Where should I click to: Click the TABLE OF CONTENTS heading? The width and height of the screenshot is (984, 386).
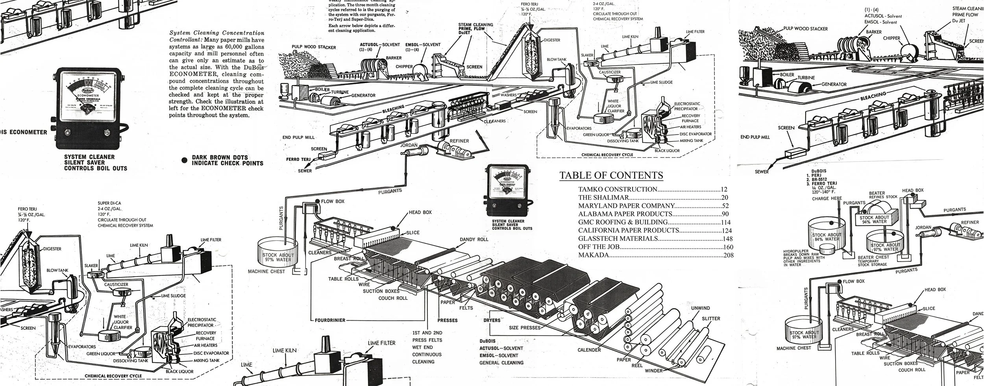point(611,175)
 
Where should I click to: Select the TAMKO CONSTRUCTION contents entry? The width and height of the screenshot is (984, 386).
point(618,189)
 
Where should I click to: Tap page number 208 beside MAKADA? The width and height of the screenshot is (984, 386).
point(728,255)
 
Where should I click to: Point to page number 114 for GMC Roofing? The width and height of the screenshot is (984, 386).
point(725,222)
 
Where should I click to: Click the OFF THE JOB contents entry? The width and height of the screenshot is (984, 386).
point(599,247)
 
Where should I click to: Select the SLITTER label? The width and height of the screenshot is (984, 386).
point(711,318)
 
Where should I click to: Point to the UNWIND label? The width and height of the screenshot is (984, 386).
point(701,308)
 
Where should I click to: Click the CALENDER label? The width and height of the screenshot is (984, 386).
point(589,350)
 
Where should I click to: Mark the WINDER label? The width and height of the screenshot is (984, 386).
point(653,371)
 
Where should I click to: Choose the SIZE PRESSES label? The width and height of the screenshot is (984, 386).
point(524,328)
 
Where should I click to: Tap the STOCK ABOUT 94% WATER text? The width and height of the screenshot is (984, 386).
point(874,220)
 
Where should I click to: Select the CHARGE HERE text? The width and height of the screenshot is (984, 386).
point(827,199)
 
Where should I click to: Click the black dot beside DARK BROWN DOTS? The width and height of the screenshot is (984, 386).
point(184,161)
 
